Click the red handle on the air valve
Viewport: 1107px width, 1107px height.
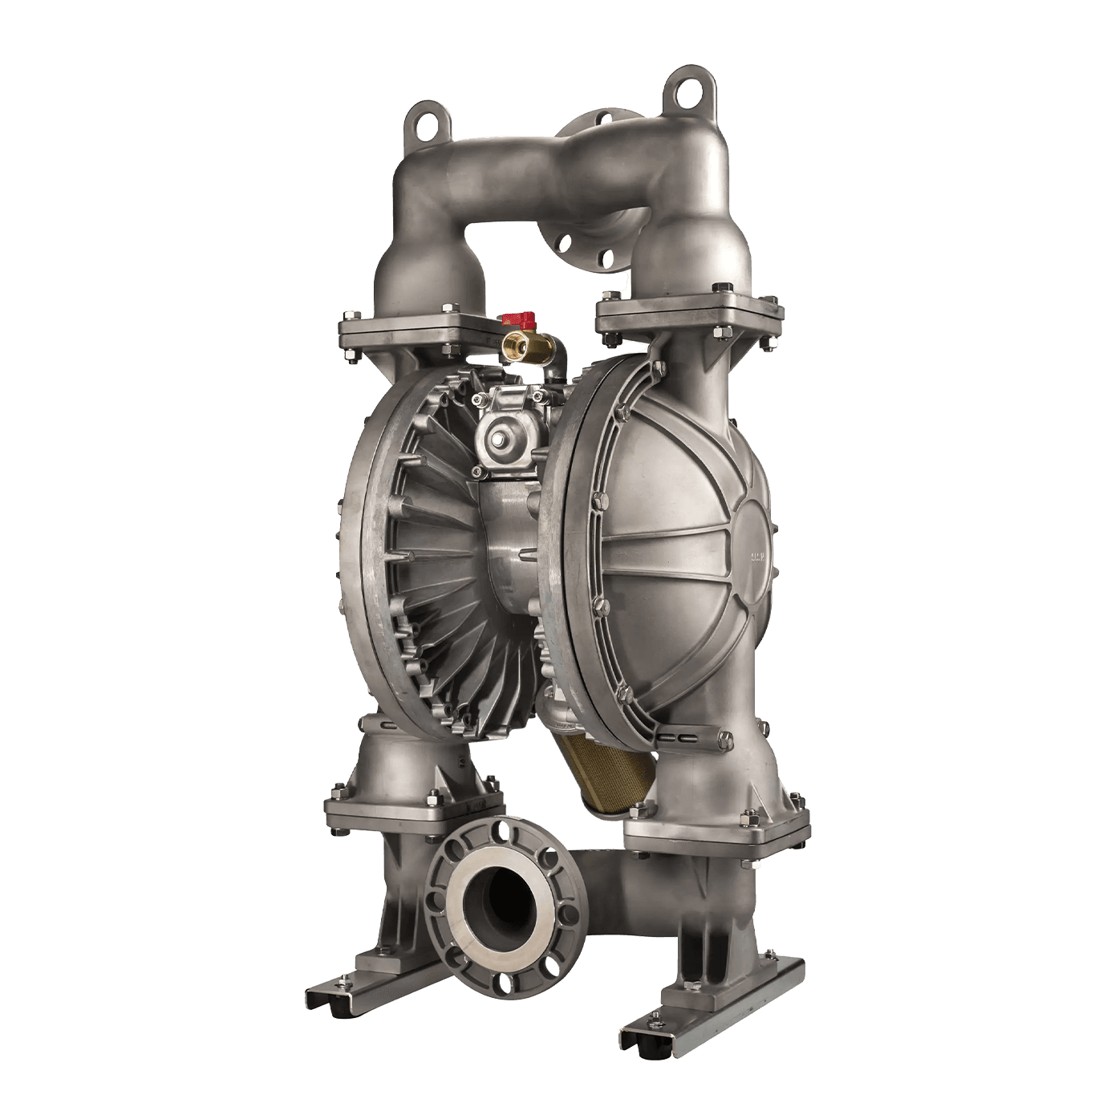(513, 319)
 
